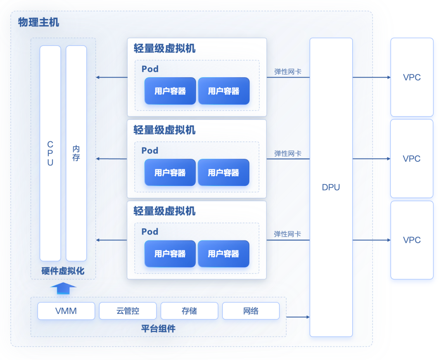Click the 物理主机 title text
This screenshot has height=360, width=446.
(x=38, y=22)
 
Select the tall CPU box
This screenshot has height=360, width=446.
(x=50, y=153)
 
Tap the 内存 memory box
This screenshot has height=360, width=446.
(x=76, y=153)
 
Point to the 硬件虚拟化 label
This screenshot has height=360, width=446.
(x=63, y=271)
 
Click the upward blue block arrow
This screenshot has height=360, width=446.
(x=63, y=288)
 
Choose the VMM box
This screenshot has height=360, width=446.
(x=66, y=311)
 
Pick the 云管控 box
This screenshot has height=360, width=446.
(x=128, y=311)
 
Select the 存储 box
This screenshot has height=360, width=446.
(x=189, y=311)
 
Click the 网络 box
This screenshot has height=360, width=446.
(x=251, y=311)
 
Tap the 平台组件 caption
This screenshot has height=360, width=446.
(x=158, y=329)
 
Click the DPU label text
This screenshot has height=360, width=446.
(x=331, y=187)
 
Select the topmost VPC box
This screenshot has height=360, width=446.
(x=412, y=77)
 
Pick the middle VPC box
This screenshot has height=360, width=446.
(x=412, y=159)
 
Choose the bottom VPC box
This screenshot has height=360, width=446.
(x=412, y=240)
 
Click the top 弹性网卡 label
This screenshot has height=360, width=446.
(x=288, y=71)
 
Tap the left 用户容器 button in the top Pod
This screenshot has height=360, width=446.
(x=170, y=91)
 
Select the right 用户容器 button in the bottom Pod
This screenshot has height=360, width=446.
(x=223, y=253)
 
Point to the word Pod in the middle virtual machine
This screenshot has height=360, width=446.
(x=150, y=150)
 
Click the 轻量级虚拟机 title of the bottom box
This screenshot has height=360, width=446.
(x=164, y=211)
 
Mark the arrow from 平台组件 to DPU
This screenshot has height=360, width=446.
(x=298, y=317)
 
